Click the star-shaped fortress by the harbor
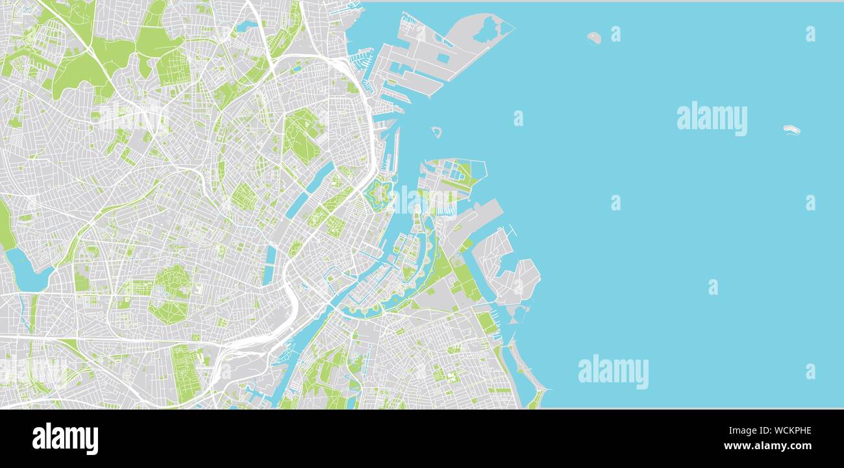coord(377,195)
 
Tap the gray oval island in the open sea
coord(593,37)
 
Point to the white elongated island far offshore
coord(791,129)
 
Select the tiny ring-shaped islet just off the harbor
coord(437,132)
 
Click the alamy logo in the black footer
coord(65,439)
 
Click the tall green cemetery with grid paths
coord(184,373)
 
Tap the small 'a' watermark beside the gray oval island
coord(615,34)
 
